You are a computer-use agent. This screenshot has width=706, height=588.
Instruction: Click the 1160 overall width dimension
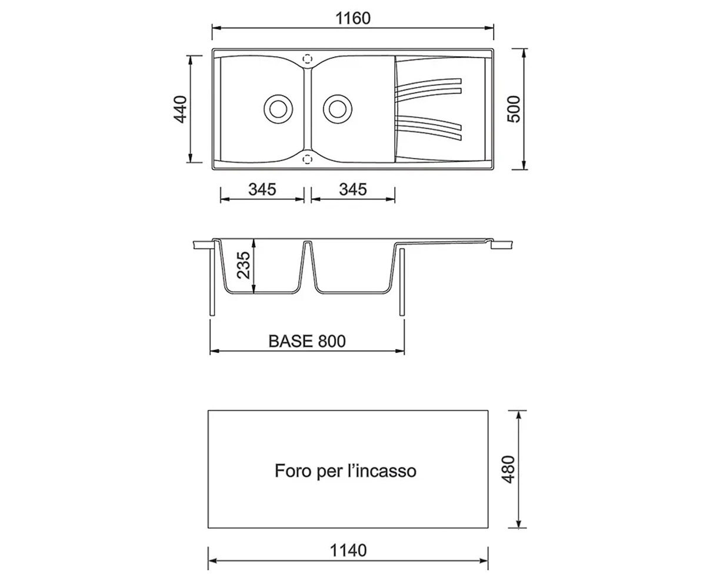(352, 18)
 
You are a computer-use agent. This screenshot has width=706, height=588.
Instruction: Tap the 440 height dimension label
(180, 109)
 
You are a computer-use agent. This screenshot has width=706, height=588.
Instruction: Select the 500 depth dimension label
(514, 109)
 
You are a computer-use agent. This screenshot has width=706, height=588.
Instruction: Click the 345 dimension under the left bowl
(262, 189)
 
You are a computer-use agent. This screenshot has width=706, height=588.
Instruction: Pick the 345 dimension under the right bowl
(352, 189)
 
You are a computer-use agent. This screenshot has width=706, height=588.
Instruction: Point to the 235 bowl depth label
(244, 265)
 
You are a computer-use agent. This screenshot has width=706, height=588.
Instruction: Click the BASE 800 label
(307, 341)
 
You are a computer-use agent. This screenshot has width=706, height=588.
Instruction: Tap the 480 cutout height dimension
(508, 469)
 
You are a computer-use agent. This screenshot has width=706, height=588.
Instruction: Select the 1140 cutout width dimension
(348, 550)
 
